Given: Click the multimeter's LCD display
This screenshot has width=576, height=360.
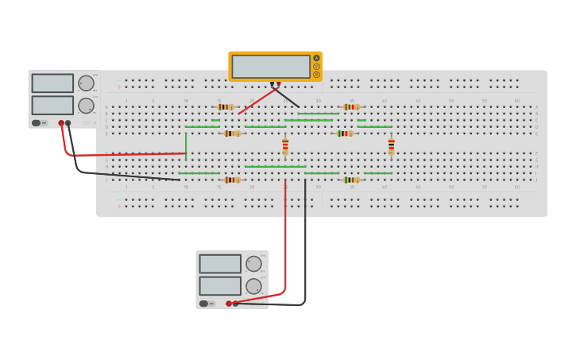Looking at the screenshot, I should (x=271, y=66).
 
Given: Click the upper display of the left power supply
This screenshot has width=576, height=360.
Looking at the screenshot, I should (x=52, y=83).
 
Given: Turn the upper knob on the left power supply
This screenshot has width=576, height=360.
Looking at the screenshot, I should (x=86, y=83).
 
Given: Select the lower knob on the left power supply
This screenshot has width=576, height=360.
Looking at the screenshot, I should (x=86, y=106).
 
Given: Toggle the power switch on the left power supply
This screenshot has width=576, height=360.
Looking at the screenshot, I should (x=37, y=123).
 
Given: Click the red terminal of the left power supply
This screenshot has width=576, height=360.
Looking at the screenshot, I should (x=61, y=123).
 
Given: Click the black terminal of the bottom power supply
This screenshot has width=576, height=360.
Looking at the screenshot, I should (x=235, y=304).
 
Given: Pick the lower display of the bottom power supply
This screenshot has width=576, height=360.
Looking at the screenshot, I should (x=220, y=286).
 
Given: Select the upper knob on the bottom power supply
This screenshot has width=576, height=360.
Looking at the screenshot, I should (x=253, y=264).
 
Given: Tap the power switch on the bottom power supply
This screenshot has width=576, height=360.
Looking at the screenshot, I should (x=204, y=304).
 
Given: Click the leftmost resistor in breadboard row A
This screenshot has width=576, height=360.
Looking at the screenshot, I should (x=226, y=106).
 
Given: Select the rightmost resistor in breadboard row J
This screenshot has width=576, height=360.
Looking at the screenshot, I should (x=351, y=180).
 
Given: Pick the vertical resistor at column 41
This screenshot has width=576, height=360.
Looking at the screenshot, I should (x=391, y=147).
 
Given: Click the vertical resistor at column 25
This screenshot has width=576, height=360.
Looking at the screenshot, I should (x=285, y=147).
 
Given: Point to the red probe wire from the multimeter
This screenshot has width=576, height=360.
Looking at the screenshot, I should (x=258, y=100).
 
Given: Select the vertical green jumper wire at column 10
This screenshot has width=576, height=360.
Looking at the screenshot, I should (x=186, y=145).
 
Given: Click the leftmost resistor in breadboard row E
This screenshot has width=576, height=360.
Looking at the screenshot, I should (x=232, y=134).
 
